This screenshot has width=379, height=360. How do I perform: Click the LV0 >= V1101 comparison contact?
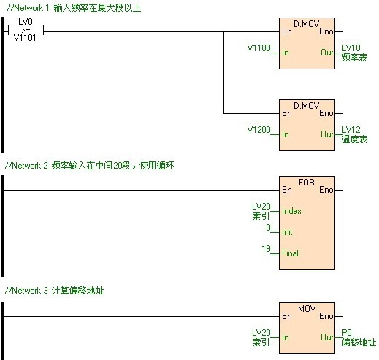25,31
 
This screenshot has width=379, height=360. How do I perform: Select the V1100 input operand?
259,48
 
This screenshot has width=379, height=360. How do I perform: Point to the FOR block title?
307,180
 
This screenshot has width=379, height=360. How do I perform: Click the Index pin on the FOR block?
291,211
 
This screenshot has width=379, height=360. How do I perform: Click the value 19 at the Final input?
266,249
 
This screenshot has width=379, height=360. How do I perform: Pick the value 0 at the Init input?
268,228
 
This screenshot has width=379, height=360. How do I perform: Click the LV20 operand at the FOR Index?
261,211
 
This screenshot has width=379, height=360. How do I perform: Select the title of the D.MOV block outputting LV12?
307,106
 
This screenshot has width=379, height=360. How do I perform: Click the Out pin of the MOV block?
326,337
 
